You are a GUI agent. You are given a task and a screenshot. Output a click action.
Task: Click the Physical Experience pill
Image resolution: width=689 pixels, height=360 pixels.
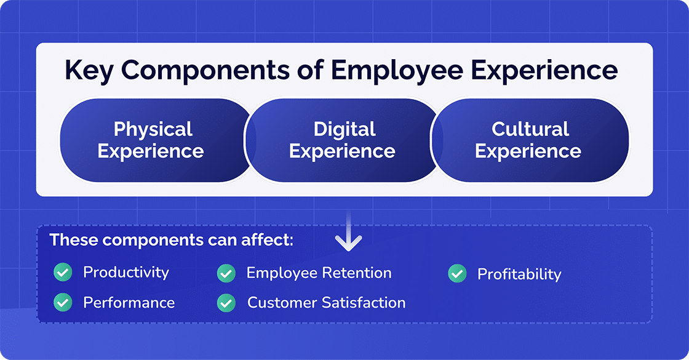151,140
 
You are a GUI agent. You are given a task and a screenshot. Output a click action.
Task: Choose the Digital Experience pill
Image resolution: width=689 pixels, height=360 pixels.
343,140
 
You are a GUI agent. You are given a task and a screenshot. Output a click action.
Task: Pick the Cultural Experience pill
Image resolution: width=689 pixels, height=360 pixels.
529,140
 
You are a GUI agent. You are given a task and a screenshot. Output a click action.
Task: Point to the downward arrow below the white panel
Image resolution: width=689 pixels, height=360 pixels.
349,237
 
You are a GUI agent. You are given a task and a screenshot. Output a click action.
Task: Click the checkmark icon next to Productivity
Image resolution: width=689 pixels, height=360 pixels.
63,273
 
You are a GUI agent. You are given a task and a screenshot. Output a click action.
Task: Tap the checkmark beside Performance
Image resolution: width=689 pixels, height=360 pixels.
63,302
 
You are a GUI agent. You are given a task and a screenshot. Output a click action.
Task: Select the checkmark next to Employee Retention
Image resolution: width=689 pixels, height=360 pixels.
226,273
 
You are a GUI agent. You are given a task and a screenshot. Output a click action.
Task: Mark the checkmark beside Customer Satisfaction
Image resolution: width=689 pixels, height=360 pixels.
226,303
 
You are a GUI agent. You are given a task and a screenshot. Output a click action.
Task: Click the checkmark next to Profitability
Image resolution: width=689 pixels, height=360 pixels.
457,274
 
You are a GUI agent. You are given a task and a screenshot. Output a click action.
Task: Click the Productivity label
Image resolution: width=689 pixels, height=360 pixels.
126,273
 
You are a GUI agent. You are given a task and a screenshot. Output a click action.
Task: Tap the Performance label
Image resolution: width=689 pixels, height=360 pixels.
129,303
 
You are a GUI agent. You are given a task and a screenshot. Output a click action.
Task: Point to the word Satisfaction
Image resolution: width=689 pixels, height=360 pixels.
367,303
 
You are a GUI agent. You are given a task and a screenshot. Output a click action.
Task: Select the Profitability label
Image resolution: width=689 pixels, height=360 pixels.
519,274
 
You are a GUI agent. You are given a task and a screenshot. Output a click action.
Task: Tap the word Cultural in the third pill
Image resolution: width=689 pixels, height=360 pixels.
530,129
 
